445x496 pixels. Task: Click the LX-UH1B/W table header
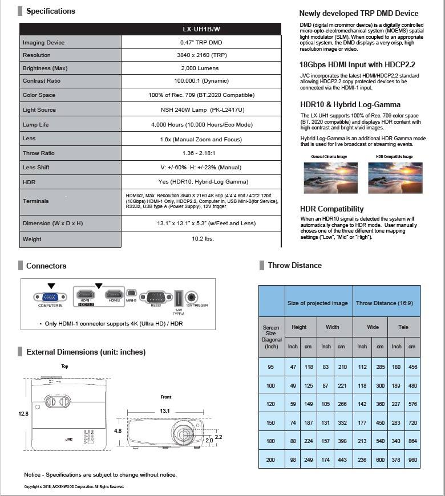pyautogui.click(x=201, y=29)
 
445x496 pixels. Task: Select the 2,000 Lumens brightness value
pyautogui.click(x=201, y=68)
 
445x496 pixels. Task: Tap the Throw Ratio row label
pyautogui.click(x=39, y=153)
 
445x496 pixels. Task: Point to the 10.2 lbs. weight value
pyautogui.click(x=201, y=239)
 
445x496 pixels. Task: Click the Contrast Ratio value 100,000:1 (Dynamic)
pyautogui.click(x=201, y=81)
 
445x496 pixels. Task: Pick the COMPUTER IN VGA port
pyautogui.click(x=51, y=296)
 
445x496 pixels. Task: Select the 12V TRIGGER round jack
pyautogui.click(x=192, y=297)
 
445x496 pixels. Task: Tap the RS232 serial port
pyautogui.click(x=156, y=296)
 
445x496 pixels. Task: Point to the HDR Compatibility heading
pyautogui.click(x=331, y=209)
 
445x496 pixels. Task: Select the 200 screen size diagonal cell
pyautogui.click(x=271, y=459)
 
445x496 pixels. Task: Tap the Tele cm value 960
pyautogui.click(x=412, y=459)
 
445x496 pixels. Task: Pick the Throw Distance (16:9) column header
pyautogui.click(x=384, y=303)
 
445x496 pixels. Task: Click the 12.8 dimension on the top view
pyautogui.click(x=23, y=414)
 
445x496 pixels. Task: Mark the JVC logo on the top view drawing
pyautogui.click(x=53, y=440)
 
